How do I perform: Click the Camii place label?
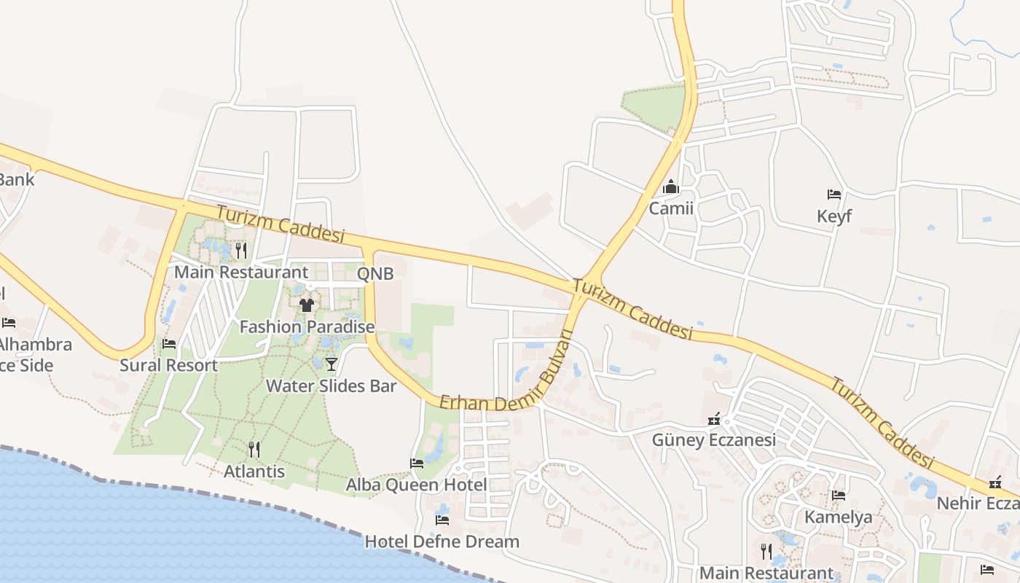pos(671,209)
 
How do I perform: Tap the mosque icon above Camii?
pos(671,188)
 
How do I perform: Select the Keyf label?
pos(834,216)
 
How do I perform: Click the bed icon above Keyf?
pos(834,195)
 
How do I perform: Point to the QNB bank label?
pos(375,274)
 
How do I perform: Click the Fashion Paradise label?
pos(307,327)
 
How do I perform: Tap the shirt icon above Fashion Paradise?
pos(307,305)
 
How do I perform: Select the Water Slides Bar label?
pos(331,386)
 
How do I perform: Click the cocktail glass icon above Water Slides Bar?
pos(331,364)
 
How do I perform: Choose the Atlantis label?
pos(254,472)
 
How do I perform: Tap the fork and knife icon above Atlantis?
pos(254,449)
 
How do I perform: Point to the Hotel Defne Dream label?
pos(442,541)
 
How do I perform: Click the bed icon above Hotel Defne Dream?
pos(442,520)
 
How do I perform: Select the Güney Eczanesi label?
pos(713,440)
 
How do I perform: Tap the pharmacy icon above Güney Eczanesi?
pos(714,419)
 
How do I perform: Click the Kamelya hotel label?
pos(839,517)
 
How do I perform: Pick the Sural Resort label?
pos(169,365)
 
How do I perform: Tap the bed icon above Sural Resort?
pos(169,344)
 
